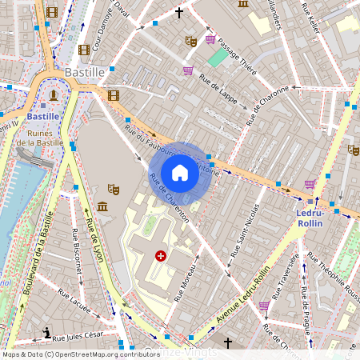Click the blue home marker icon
point(180,173)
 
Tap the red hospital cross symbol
point(161,256)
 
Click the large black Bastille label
point(85,72)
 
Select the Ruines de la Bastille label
point(40,137)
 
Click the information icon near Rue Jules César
point(48,333)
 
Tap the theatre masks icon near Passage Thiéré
point(190,40)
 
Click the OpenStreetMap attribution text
point(80,354)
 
